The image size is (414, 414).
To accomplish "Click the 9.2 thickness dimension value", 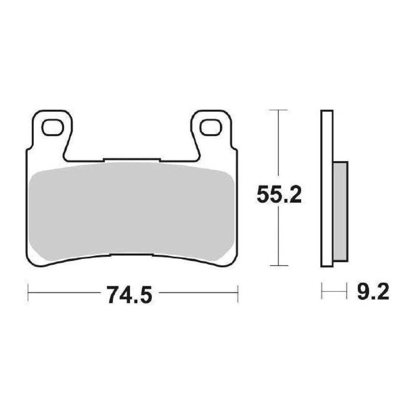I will click(x=373, y=293).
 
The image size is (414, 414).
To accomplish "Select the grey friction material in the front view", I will click(x=131, y=211).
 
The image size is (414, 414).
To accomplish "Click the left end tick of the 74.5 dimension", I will click(x=28, y=292).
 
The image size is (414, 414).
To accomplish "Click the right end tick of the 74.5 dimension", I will click(x=237, y=292).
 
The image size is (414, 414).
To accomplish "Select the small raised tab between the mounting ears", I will click(x=131, y=160).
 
